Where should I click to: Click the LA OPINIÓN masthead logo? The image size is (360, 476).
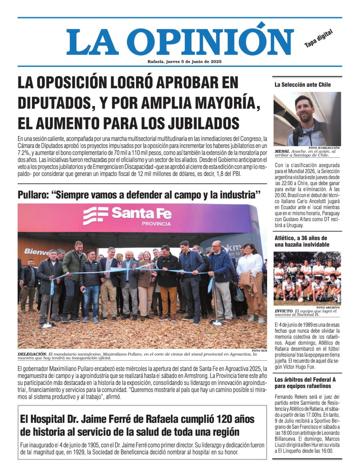click(180, 42)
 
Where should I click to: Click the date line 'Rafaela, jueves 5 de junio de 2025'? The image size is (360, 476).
click(184, 62)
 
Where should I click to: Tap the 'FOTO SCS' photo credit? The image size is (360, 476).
click(259, 351)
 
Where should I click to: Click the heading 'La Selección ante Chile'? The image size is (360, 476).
click(303, 85)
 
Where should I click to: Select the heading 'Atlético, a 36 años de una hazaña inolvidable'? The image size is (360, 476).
click(301, 241)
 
